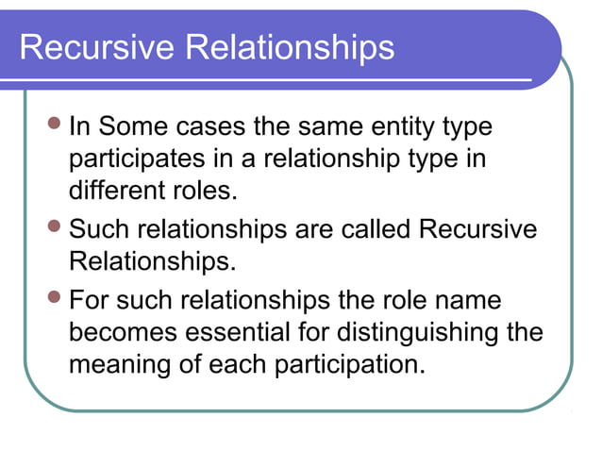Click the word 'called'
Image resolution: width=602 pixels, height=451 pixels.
(x=369, y=229)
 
